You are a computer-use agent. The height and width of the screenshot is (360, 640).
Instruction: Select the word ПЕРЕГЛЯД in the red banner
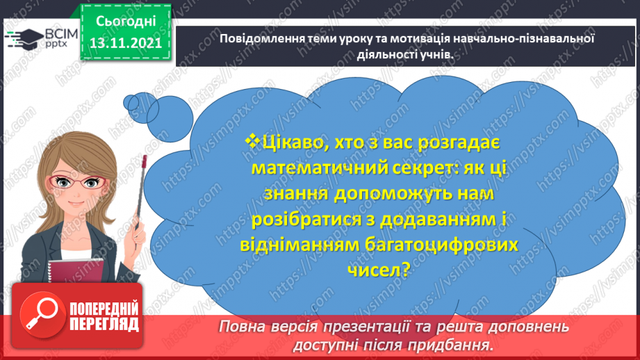[105, 323]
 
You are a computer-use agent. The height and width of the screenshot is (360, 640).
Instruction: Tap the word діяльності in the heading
[378, 55]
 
